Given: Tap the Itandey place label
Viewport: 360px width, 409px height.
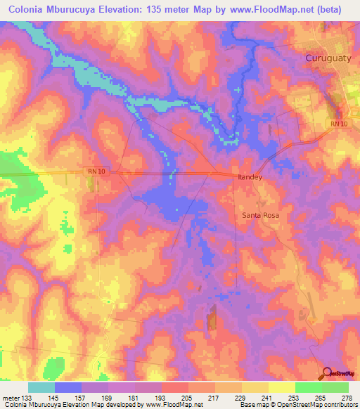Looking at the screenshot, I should [x=250, y=178].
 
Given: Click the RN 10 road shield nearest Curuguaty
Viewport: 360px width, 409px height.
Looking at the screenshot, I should [x=338, y=124].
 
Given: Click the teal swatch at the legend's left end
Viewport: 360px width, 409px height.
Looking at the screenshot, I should [x=41, y=387].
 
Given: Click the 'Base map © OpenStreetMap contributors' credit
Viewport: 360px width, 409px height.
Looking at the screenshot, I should [x=298, y=405].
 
